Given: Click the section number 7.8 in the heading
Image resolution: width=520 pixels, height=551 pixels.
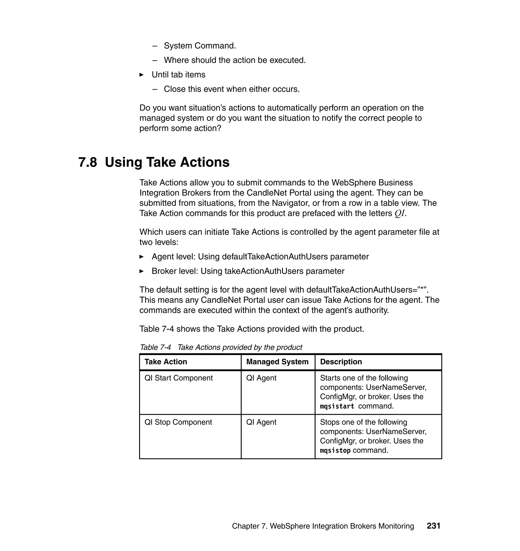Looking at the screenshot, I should pos(88,162).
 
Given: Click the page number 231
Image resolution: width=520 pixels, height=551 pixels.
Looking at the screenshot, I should pos(433,526).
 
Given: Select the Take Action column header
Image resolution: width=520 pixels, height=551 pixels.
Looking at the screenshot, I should pos(166,362).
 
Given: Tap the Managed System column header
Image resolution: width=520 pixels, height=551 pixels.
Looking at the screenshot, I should pos(277,362).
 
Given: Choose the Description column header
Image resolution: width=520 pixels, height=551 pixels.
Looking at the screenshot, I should pos(341,362).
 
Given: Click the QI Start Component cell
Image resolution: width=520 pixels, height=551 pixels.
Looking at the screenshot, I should pos(178,378).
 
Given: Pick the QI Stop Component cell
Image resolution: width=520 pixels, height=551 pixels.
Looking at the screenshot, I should pos(178,422).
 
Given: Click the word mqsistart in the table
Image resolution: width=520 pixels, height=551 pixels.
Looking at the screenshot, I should pos(337,406).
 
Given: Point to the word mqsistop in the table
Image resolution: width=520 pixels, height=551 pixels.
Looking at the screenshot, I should pos(335,451).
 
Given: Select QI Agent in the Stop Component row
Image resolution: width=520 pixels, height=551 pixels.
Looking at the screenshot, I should pos(261,422).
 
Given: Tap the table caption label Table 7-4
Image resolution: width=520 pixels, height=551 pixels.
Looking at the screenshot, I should pos(155,347).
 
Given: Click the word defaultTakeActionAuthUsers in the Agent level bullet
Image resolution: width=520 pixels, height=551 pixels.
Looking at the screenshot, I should pos(275,257).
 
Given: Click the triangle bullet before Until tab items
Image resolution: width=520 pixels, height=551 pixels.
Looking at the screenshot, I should pos(142,75).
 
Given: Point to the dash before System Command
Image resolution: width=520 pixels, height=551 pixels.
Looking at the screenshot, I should pos(155,46).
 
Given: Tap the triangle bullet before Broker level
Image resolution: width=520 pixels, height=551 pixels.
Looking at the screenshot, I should pos(142,271).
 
